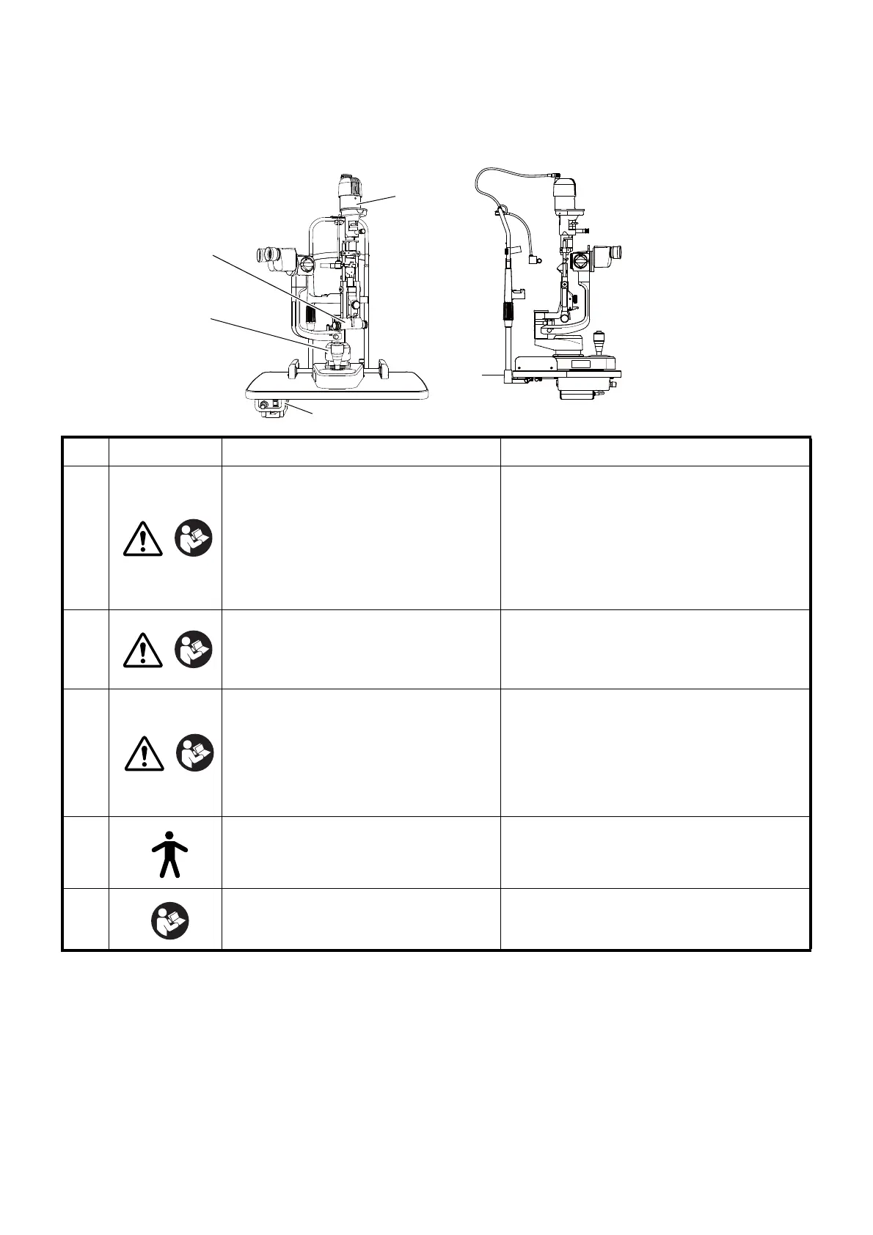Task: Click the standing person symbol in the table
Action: tap(169, 854)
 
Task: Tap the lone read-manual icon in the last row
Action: tap(170, 920)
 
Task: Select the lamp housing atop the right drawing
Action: tap(565, 194)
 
